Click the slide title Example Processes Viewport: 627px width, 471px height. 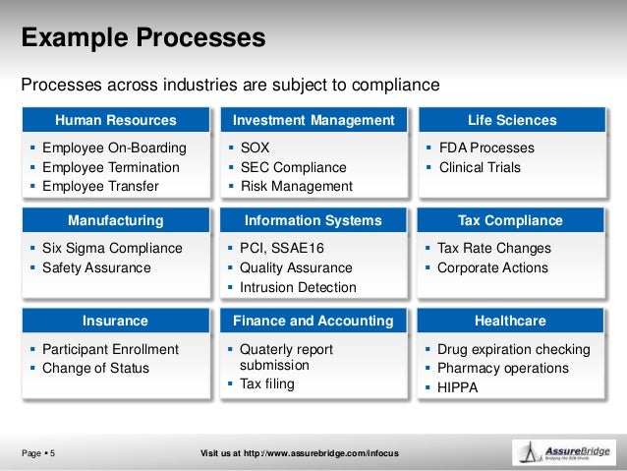click(x=143, y=38)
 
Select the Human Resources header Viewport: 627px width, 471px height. click(x=115, y=121)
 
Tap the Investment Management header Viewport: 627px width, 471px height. click(x=313, y=121)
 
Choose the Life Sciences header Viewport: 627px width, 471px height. click(x=512, y=121)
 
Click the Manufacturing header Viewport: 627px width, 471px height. click(x=115, y=220)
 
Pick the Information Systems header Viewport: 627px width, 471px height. click(x=313, y=220)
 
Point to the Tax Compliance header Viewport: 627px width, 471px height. click(x=511, y=220)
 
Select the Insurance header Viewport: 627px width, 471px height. click(x=115, y=321)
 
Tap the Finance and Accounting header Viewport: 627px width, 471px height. click(x=313, y=321)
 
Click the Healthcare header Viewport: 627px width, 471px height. click(x=511, y=321)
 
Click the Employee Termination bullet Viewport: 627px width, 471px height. click(x=111, y=167)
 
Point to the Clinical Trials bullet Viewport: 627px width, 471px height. click(x=479, y=167)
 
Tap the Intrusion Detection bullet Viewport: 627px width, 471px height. click(x=299, y=287)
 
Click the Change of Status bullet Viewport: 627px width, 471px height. click(x=95, y=368)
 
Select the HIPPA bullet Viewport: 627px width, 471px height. click(x=457, y=387)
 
